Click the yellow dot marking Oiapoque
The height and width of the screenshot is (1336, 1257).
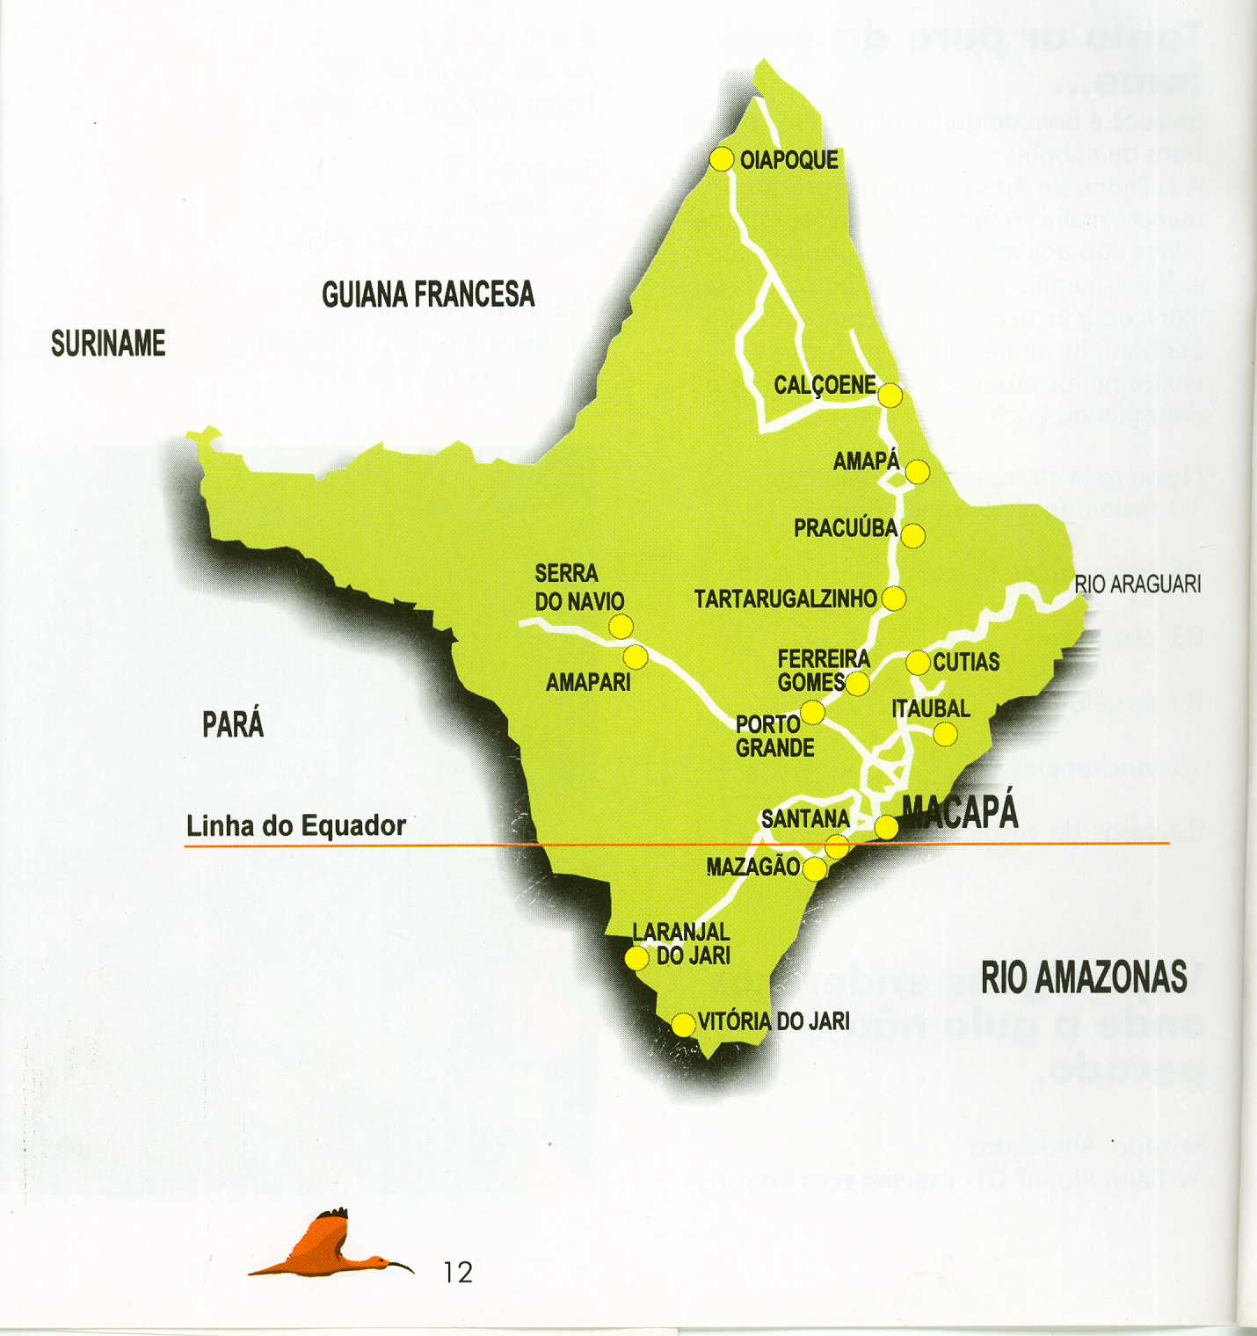pyautogui.click(x=722, y=159)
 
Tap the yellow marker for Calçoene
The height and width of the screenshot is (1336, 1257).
pyautogui.click(x=890, y=396)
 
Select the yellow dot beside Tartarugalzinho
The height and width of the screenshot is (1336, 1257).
pyautogui.click(x=893, y=599)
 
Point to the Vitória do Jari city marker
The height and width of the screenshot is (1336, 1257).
pyautogui.click(x=683, y=1025)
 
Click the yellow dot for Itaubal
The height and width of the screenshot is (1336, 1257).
pyautogui.click(x=945, y=734)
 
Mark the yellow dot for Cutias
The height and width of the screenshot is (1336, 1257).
pyautogui.click(x=918, y=662)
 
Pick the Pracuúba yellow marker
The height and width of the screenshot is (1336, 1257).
pyautogui.click(x=912, y=535)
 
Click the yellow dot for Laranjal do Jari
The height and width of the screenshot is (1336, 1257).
pyautogui.click(x=636, y=957)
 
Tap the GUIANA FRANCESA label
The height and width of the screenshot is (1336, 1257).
pyautogui.click(x=428, y=294)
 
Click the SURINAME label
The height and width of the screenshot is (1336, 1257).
pyautogui.click(x=108, y=344)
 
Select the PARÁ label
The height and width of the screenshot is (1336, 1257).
pyautogui.click(x=233, y=724)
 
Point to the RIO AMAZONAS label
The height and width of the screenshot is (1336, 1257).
pyautogui.click(x=1084, y=977)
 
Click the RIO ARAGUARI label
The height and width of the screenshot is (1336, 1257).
pyautogui.click(x=1137, y=584)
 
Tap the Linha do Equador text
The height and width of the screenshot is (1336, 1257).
pyautogui.click(x=296, y=826)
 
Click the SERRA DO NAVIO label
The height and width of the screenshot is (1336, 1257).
pyautogui.click(x=579, y=587)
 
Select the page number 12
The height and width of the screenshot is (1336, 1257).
pyautogui.click(x=458, y=1272)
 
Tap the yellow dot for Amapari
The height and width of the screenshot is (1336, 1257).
pyautogui.click(x=635, y=657)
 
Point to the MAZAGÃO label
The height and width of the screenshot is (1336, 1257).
pyautogui.click(x=752, y=868)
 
